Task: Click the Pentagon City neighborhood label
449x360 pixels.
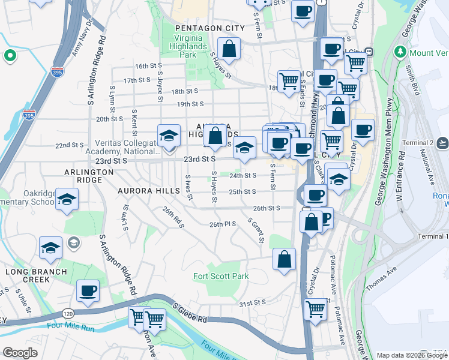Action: [209, 28]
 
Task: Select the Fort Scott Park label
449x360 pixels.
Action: [221, 277]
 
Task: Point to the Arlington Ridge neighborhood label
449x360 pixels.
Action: [89, 172]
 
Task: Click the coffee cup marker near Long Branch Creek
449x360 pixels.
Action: [88, 291]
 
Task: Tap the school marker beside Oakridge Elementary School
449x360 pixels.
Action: [67, 198]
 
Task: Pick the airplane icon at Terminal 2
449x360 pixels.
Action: [443, 142]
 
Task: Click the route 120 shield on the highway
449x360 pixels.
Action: [67, 314]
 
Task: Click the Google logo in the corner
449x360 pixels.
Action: [20, 353]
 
